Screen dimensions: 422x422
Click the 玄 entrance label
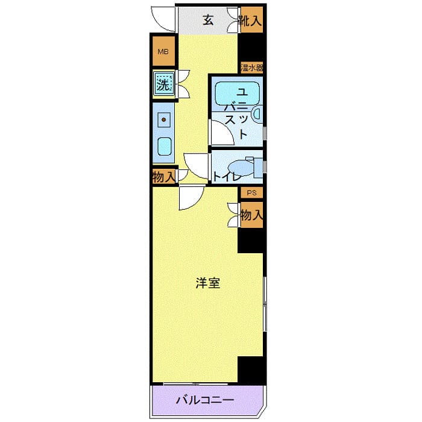tap(208, 20)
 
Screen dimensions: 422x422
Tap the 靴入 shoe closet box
tap(251, 20)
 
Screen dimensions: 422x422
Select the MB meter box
tap(163, 52)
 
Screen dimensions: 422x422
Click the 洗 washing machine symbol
tap(163, 84)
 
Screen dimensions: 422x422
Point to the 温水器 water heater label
tap(251, 67)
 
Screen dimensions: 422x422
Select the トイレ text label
tap(227, 177)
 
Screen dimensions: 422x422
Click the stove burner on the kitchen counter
tap(163, 120)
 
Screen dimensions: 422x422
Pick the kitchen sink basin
tap(163, 146)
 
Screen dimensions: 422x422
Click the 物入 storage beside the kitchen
tap(163, 177)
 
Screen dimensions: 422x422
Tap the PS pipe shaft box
tap(251, 193)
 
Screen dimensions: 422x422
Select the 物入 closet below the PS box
tap(251, 215)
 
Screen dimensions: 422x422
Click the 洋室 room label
tap(207, 283)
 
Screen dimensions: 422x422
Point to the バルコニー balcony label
tap(205, 400)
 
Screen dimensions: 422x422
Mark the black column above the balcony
tap(251, 369)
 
